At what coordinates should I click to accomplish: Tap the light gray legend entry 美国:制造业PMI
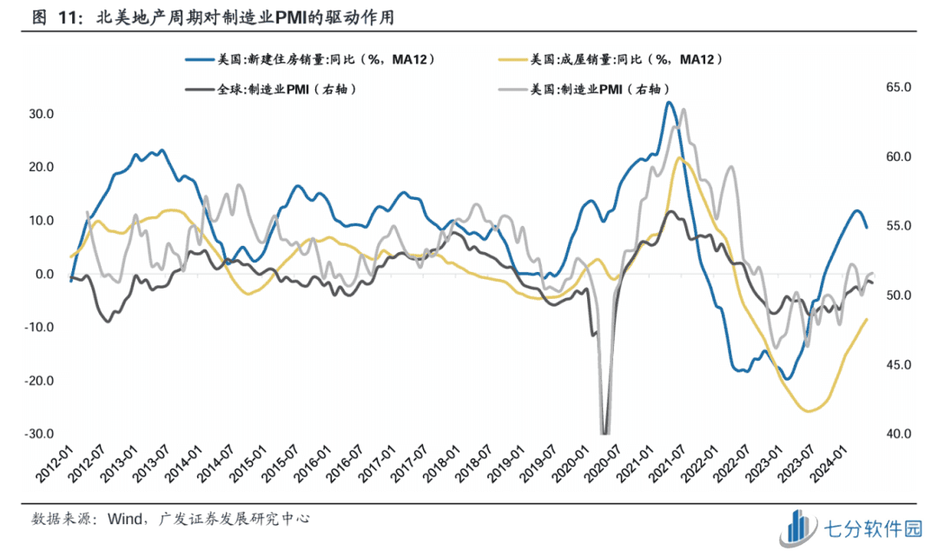pyautogui.click(x=590, y=88)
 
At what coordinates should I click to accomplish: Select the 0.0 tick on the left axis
pyautogui.click(x=43, y=274)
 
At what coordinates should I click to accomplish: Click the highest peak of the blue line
pyautogui.click(x=668, y=103)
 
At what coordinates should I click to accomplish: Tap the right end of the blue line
pyautogui.click(x=866, y=228)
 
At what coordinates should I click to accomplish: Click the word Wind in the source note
pyautogui.click(x=127, y=519)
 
